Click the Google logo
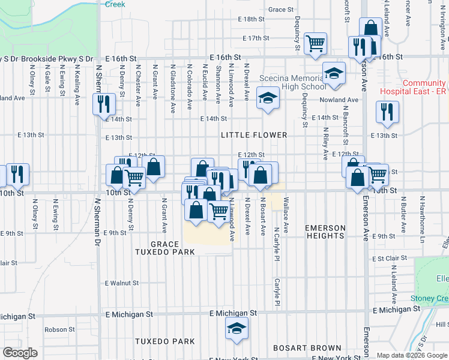click(20, 353)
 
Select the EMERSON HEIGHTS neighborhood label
click(325, 232)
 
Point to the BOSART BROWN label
click(307, 348)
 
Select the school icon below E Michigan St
click(237, 328)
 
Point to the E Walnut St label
click(122, 283)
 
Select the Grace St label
click(281, 10)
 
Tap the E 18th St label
click(251, 19)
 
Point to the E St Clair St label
click(390, 259)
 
